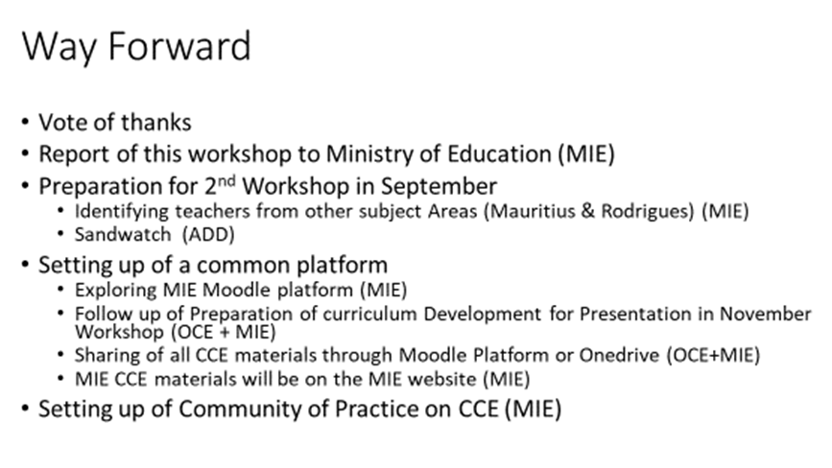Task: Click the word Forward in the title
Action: [179, 46]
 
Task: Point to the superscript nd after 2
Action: [226, 180]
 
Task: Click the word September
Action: [439, 187]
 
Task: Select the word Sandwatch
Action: [123, 234]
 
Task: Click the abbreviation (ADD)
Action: [208, 234]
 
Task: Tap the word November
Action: [765, 314]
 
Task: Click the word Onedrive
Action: [619, 355]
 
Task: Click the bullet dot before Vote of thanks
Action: [26, 122]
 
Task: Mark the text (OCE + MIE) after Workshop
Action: [224, 332]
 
